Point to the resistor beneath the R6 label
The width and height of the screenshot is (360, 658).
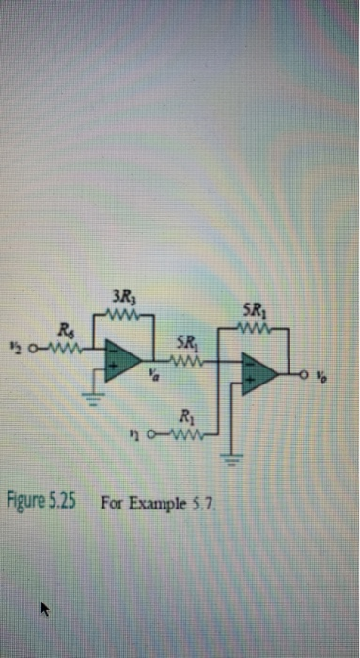pyautogui.click(x=64, y=344)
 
